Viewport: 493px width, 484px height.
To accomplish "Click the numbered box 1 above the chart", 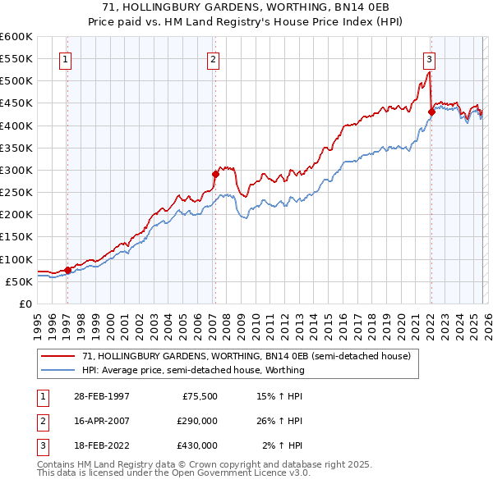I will tap(65, 58).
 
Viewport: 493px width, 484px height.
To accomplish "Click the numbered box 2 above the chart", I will tap(213, 58).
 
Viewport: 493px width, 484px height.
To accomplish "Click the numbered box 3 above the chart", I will tap(429, 58).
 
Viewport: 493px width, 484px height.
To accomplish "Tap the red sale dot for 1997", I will tap(67, 269).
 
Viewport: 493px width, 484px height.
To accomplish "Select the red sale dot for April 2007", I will tap(215, 174).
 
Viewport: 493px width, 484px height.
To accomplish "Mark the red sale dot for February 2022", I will tap(431, 112).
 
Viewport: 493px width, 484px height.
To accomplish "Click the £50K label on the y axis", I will tap(19, 281).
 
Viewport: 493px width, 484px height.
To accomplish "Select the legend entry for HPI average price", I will tap(193, 370).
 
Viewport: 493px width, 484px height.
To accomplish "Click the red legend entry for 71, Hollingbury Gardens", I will tap(251, 356).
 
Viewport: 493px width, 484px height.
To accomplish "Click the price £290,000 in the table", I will tap(196, 421).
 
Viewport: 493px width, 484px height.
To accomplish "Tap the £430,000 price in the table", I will tap(196, 445).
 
